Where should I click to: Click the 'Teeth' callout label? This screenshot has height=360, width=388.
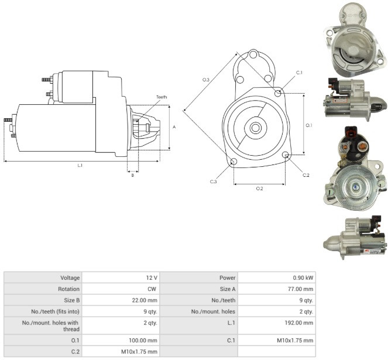pyautogui.click(x=162, y=97)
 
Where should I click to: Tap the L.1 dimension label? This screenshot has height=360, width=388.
pyautogui.click(x=80, y=166)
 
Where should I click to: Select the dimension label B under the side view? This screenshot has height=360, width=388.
pyautogui.click(x=133, y=175)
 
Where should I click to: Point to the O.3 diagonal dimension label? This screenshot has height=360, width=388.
pyautogui.click(x=206, y=80)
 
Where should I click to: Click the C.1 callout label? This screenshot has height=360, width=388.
pyautogui.click(x=300, y=73)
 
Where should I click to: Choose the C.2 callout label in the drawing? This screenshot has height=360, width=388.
pyautogui.click(x=306, y=175)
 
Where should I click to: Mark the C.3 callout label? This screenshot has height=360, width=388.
pyautogui.click(x=213, y=181)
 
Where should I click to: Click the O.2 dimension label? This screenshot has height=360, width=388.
pyautogui.click(x=260, y=188)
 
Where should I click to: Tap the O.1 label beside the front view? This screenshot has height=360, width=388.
pyautogui.click(x=309, y=125)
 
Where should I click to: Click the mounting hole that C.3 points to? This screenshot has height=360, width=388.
pyautogui.click(x=234, y=162)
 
